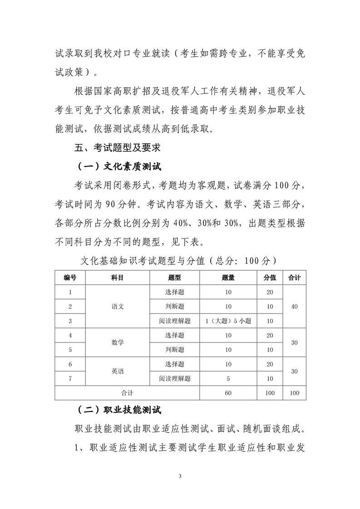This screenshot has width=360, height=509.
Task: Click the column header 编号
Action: point(70,278)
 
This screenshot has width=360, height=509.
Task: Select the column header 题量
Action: point(228,278)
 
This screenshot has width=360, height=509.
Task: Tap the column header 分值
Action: point(270,278)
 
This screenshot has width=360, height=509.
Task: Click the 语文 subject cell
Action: point(118,306)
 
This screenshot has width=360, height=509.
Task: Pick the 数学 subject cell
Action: point(118,343)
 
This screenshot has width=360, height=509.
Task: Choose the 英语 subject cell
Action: point(118,371)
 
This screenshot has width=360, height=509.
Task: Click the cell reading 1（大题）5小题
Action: point(228,321)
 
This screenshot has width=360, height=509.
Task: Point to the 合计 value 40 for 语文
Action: point(294,307)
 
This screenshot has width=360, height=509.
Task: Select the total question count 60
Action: point(228,393)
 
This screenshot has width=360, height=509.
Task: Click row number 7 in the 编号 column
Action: point(70,378)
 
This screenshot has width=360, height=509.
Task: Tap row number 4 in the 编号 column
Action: point(70,335)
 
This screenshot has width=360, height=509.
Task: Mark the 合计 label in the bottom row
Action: point(127,393)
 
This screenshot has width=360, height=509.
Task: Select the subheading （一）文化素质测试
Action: point(119,166)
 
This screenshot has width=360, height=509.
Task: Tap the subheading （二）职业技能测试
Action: point(119,410)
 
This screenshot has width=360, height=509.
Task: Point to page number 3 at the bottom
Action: point(180,476)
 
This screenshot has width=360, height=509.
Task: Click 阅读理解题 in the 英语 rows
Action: point(175,378)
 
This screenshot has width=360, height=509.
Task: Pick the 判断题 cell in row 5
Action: point(175,350)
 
